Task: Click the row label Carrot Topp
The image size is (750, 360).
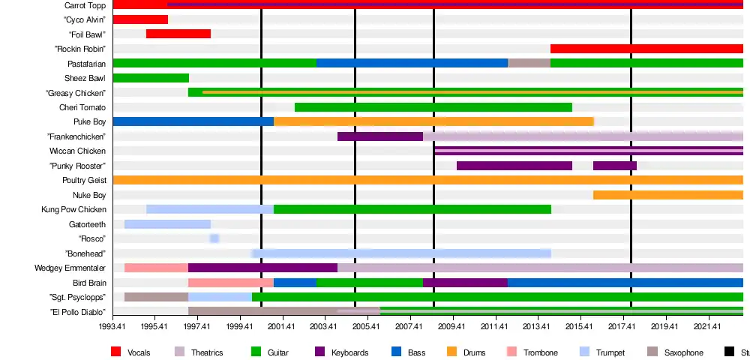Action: pyautogui.click(x=85, y=5)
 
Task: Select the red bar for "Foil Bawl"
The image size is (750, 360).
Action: pyautogui.click(x=178, y=34)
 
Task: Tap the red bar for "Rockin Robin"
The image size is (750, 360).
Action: pyautogui.click(x=646, y=49)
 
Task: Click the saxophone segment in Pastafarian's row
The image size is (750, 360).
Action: pyautogui.click(x=529, y=63)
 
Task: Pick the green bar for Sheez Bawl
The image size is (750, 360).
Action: pyautogui.click(x=151, y=78)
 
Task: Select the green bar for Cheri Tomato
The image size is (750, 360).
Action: pyautogui.click(x=433, y=107)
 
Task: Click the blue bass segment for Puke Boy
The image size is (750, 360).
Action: pyautogui.click(x=193, y=121)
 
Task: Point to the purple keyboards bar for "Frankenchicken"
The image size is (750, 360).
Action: pyautogui.click(x=380, y=136)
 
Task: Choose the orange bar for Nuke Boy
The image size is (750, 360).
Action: pyautogui.click(x=667, y=195)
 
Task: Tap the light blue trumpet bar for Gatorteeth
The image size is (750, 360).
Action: pyautogui.click(x=167, y=224)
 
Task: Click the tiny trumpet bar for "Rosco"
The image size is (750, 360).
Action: pyautogui.click(x=214, y=238)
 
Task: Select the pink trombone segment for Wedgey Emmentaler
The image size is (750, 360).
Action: pyautogui.click(x=156, y=268)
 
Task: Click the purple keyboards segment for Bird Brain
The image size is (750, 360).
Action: pyautogui.click(x=465, y=283)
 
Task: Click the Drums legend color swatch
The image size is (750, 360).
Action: pyautogui.click(x=451, y=352)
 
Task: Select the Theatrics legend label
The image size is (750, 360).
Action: pyautogui.click(x=207, y=352)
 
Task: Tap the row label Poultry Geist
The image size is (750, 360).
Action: pyautogui.click(x=84, y=181)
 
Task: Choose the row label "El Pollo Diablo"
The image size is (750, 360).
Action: pyautogui.click(x=78, y=312)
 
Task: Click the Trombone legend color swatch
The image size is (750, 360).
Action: pyautogui.click(x=512, y=352)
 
